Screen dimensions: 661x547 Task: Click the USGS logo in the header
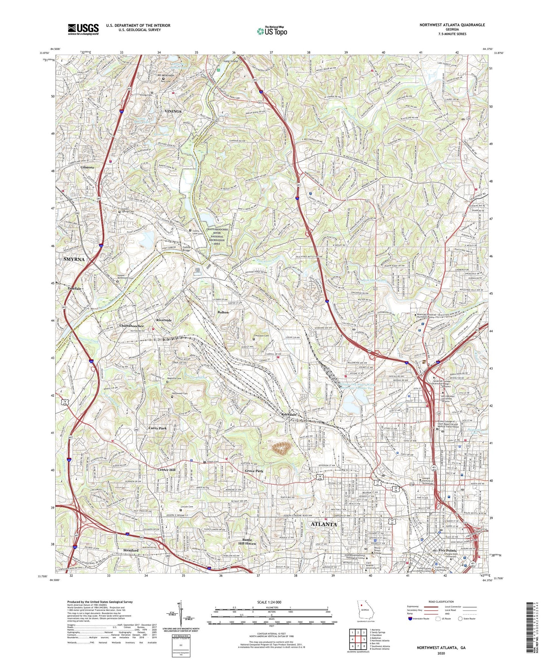pos(83,29)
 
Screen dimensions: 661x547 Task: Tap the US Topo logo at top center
pos(272,31)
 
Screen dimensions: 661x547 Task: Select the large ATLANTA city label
pos(324,524)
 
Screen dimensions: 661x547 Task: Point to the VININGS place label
pos(173,112)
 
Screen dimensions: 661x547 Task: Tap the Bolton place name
pos(223,312)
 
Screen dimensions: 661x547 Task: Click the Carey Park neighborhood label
pos(157,428)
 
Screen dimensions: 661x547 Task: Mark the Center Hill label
pos(167,470)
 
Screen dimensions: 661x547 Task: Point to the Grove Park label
pos(254,471)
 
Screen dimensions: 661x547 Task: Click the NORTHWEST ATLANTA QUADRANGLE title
pos(452,25)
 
